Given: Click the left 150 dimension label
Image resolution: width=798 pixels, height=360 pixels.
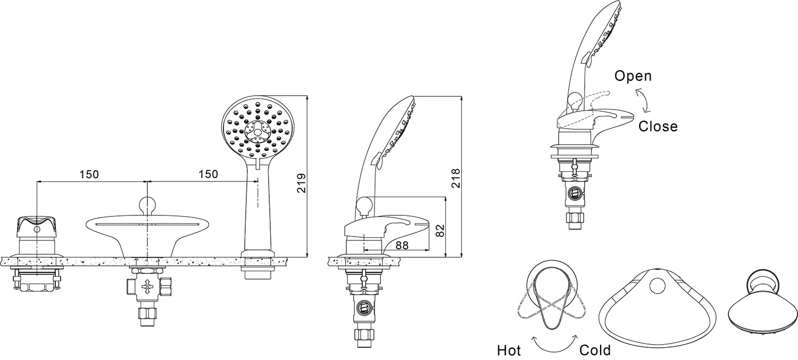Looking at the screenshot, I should pos(89,174).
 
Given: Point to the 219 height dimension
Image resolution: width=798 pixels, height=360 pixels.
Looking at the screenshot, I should pos(302,182).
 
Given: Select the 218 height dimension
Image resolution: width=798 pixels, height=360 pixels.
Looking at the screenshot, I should pos(456,178).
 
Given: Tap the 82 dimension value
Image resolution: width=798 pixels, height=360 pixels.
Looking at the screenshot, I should pos(439,230).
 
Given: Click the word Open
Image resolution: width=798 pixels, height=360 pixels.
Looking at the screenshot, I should pos(633,76).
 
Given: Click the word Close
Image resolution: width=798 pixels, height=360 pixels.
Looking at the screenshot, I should pos(658,127).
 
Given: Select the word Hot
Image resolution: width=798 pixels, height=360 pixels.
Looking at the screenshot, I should pos(509,350).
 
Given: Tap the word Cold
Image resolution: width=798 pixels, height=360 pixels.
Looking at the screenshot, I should pos(595,350).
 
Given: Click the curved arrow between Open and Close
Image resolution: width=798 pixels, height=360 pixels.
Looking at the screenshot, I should pos(644,101).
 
